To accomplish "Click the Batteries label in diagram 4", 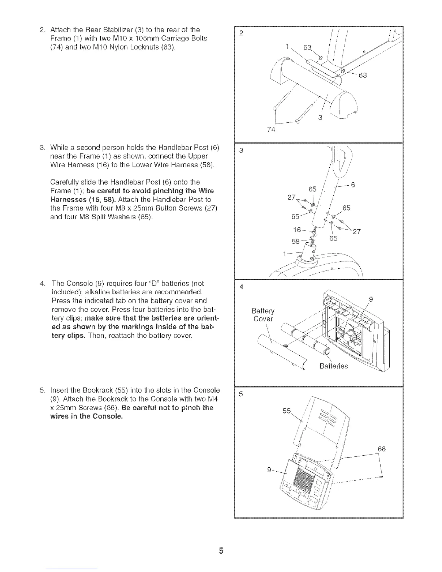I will [x=334, y=366].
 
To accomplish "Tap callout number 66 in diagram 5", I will [x=382, y=449].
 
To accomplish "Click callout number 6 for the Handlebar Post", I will [x=354, y=185].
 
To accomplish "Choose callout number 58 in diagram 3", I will [x=295, y=240].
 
